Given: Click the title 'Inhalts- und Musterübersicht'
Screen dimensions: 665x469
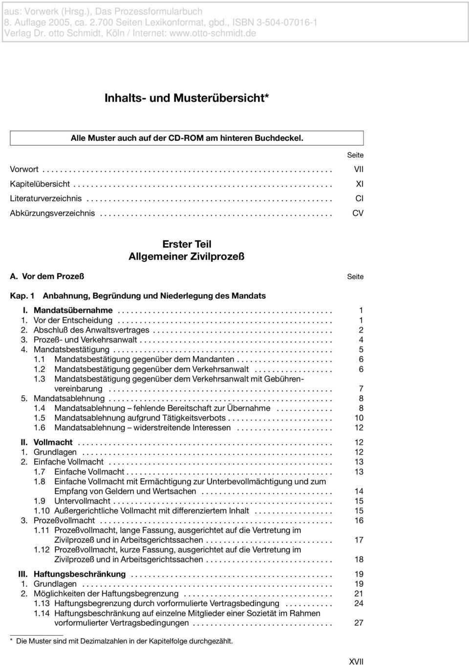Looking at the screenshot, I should point(187,98).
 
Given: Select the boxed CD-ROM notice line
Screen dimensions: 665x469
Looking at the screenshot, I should point(187,138).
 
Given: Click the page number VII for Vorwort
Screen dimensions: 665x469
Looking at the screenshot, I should point(359,169).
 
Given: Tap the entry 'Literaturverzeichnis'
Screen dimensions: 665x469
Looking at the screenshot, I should point(46,199).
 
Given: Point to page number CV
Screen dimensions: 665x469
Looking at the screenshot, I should point(358,213).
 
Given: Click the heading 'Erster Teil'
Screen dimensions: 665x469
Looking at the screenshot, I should point(187,244).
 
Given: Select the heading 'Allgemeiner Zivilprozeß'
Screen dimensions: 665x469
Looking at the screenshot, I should point(187,256).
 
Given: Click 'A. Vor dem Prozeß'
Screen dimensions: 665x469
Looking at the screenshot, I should point(47,276).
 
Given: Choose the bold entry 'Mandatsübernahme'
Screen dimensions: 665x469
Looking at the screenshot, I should point(73,310).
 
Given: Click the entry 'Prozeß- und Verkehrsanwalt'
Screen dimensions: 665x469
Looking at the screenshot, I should point(85,340).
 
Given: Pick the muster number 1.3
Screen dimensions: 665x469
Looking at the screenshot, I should point(40,379).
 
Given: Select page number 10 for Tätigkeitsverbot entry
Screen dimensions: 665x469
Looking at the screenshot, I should point(359,418).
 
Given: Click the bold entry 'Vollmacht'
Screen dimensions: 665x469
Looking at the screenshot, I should point(53,443).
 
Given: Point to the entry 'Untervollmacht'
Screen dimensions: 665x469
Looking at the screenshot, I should point(82,501).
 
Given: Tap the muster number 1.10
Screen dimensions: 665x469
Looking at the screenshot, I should point(42,511).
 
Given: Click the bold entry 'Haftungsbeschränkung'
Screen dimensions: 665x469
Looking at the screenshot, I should point(80,574).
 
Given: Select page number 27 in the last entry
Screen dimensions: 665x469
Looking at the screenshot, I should point(359,623).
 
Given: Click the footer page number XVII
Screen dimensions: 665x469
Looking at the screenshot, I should point(356,662).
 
